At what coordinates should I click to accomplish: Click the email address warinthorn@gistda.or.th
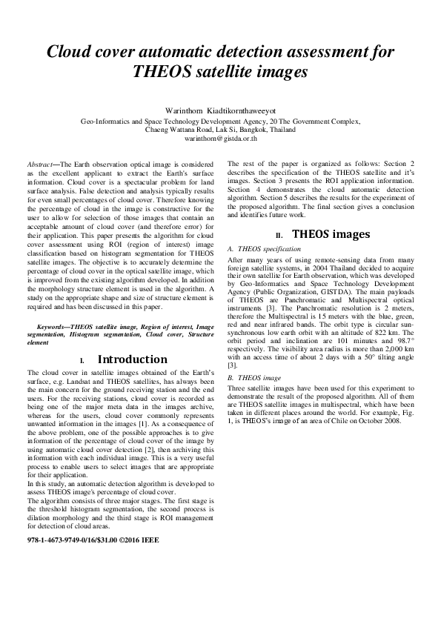pyautogui.click(x=220, y=138)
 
